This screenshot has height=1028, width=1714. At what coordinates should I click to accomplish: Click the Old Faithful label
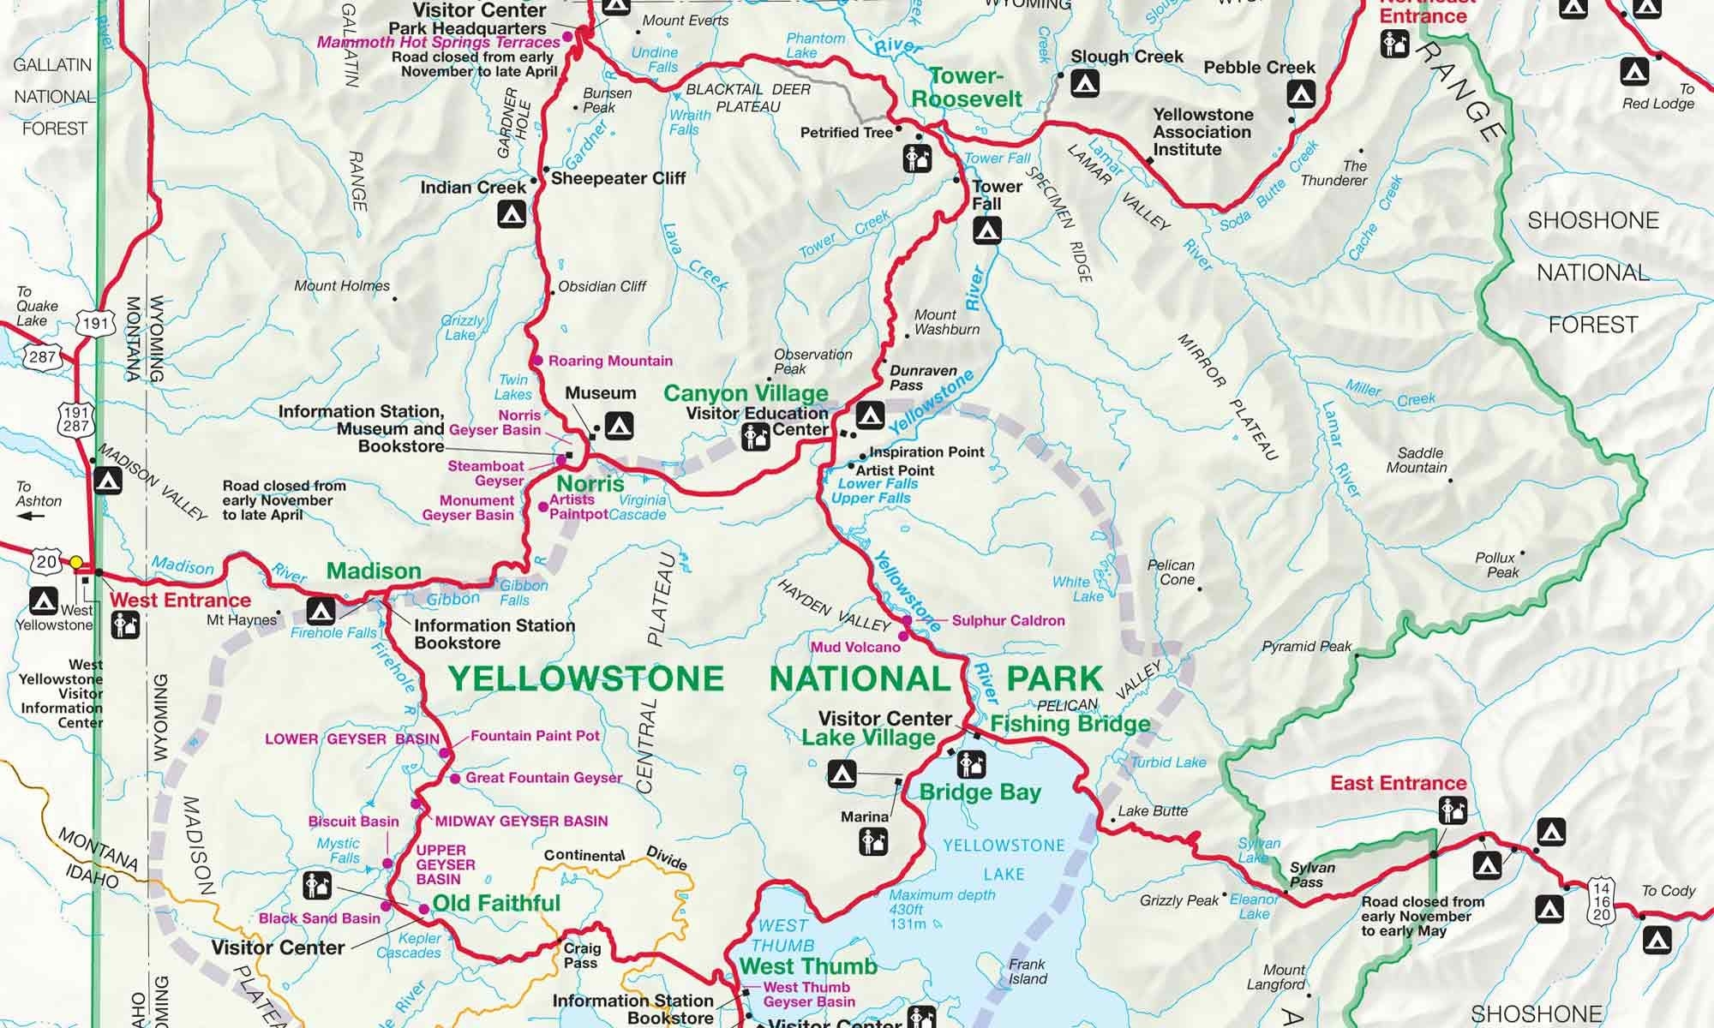[496, 903]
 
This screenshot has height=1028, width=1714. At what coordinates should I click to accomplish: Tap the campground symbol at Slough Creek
[1085, 84]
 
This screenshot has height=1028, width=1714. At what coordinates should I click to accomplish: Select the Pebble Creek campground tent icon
[1302, 93]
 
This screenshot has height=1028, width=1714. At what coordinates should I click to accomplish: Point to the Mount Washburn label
[946, 322]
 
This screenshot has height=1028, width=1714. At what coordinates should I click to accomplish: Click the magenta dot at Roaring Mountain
[537, 361]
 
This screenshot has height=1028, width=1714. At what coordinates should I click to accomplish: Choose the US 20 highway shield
[45, 562]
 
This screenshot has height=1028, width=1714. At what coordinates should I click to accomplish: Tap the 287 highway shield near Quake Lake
[42, 357]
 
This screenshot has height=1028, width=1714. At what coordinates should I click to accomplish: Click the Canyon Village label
[746, 393]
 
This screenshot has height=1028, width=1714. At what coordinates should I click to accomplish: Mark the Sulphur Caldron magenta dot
[907, 620]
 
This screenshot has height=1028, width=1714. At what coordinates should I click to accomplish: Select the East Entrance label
[1398, 783]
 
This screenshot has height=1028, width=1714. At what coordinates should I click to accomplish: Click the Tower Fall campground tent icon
[987, 230]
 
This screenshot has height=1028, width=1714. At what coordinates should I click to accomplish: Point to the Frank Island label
[1028, 971]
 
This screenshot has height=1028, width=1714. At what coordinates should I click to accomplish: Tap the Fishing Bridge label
[1070, 724]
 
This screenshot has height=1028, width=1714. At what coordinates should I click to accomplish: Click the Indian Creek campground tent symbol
[512, 212]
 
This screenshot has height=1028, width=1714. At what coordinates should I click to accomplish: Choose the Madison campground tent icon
[321, 611]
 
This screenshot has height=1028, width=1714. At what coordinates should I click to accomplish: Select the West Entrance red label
[181, 600]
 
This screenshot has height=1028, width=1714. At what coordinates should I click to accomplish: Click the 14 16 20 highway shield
[1602, 900]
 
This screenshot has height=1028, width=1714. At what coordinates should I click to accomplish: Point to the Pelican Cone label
[1171, 572]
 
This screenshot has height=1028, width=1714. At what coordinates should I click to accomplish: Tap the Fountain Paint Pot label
[535, 735]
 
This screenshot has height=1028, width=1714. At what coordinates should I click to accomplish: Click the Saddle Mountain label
[1421, 460]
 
